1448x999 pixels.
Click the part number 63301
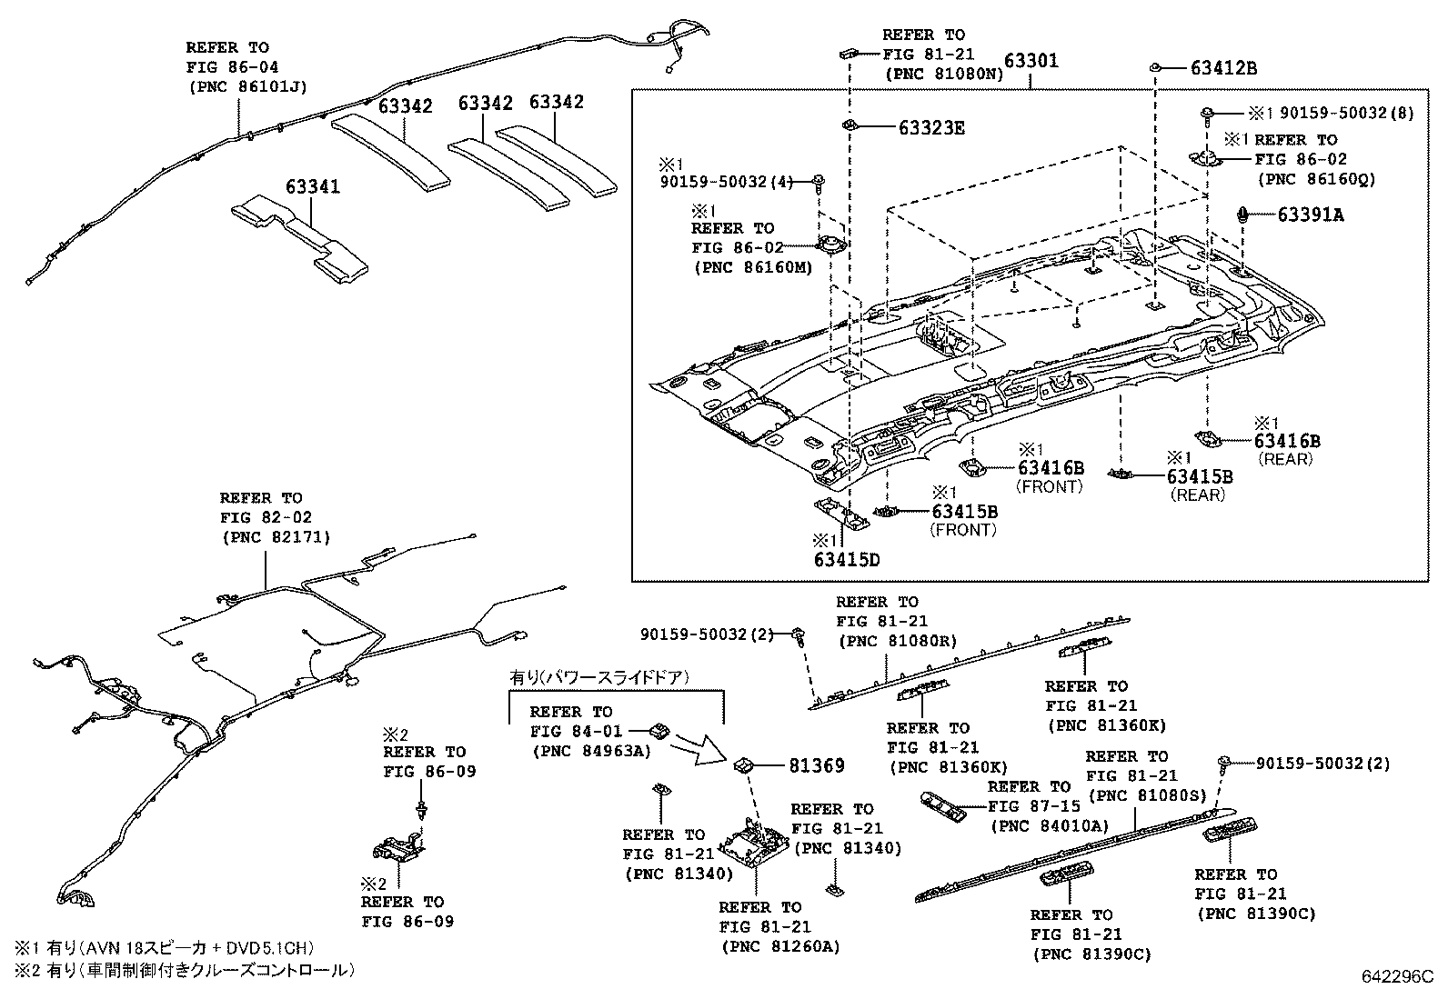click(1031, 62)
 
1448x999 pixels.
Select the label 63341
click(312, 187)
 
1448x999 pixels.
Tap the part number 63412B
click(1222, 68)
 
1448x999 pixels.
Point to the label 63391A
click(1310, 215)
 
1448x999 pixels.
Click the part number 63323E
click(931, 127)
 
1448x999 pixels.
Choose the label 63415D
click(847, 559)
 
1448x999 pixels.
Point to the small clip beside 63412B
click(1153, 67)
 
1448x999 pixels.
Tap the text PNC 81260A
click(780, 946)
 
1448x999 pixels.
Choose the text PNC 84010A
click(1048, 825)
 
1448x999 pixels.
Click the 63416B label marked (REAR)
click(1286, 442)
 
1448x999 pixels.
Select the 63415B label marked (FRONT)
click(964, 513)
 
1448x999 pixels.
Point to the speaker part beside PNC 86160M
click(830, 246)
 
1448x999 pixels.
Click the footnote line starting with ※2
click(182, 970)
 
